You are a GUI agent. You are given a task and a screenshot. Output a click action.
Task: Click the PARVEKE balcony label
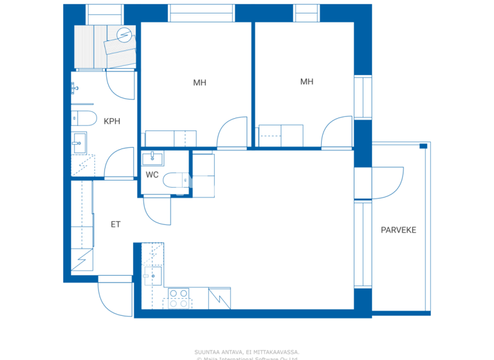coord(398,230)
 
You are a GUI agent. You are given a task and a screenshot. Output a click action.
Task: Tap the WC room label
coord(152,175)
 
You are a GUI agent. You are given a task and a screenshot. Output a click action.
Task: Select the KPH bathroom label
coord(111,121)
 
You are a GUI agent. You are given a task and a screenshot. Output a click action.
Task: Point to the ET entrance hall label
coord(116,224)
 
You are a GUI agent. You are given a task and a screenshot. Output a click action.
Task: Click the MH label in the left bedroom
coord(199,82)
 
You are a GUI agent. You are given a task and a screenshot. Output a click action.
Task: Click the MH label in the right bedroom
coord(307,82)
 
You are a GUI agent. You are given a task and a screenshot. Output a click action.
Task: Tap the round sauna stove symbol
coord(125,35)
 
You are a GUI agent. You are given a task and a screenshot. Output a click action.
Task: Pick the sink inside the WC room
coord(152,157)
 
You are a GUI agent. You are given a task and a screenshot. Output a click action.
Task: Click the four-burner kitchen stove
coord(179,298)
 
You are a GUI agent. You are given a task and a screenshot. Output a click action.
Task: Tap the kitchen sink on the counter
coord(152,276)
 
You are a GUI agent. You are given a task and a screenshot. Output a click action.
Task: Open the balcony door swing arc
coord(388,183)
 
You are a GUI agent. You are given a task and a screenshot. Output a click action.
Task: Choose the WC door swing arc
coord(158,211)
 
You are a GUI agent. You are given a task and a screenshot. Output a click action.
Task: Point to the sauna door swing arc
coord(120,84)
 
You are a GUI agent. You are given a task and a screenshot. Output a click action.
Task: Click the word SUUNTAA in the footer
coord(208,352)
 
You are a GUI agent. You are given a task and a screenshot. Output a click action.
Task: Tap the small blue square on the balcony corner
coord(423,147)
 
